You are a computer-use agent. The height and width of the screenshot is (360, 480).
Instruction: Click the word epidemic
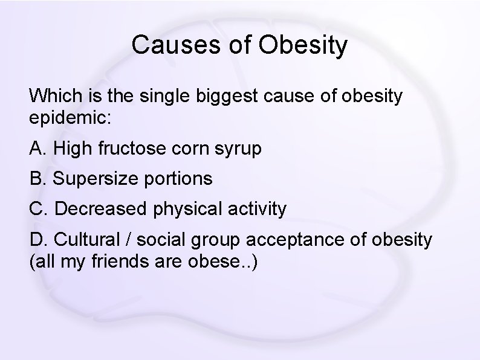(x=68, y=117)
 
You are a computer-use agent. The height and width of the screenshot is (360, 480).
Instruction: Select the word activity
(x=259, y=210)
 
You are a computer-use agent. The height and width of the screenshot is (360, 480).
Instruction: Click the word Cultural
(x=88, y=240)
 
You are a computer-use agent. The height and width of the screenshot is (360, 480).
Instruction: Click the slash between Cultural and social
(x=129, y=240)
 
